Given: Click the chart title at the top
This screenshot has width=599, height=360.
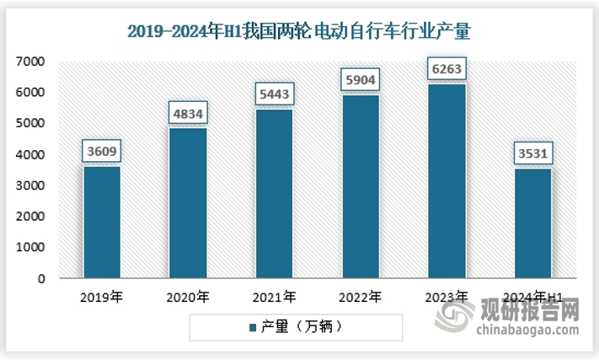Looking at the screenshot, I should point(298,32).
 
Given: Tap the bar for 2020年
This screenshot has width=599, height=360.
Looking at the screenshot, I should point(188,202).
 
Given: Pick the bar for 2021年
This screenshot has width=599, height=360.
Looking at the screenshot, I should point(274,193).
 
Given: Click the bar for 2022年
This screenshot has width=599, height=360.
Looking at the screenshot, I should point(361,185).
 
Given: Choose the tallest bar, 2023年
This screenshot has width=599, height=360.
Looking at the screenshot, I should point(447,180).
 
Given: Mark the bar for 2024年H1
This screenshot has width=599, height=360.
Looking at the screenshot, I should point(532,223).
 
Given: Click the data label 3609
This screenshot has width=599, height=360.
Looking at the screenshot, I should point(102,153).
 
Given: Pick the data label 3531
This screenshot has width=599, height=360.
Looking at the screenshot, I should point(532,154).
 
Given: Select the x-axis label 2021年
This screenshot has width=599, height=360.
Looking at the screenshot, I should point(274,297).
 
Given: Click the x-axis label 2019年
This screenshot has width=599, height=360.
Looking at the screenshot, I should point(101,297).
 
